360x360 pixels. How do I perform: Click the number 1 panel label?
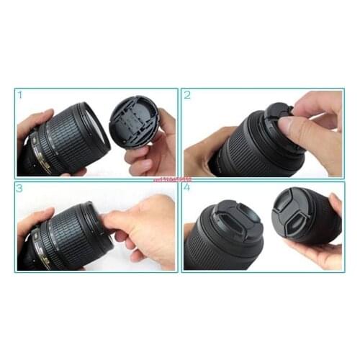(20, 94)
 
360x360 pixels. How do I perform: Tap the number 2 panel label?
(188, 94)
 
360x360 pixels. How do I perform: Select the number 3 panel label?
(20, 189)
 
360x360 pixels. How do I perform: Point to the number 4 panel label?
(188, 189)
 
